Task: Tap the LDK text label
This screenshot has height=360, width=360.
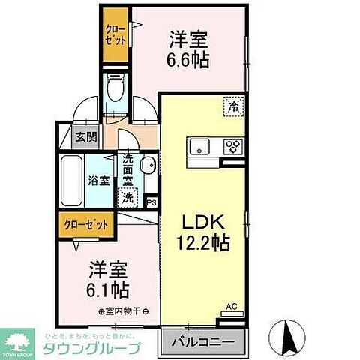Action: point(200,223)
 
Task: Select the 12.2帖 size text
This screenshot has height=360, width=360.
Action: point(200,244)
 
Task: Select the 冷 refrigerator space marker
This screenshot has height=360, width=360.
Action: point(234,107)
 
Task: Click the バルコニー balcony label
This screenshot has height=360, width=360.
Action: point(201,343)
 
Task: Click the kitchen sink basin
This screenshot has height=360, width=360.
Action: point(200,145)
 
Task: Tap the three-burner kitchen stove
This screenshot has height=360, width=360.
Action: point(232,145)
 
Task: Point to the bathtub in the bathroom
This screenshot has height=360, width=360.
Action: point(71,181)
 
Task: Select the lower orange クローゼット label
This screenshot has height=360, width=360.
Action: point(87,223)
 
